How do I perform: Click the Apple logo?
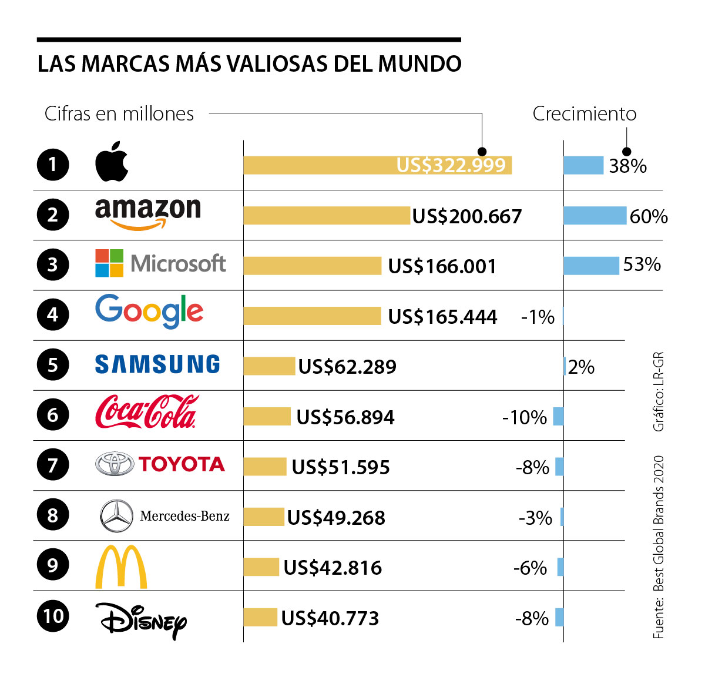(x=112, y=162)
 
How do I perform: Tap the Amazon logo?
(x=147, y=213)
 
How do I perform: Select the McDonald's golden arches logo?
(x=121, y=567)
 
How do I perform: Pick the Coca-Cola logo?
(x=146, y=412)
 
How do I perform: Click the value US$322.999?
(x=451, y=166)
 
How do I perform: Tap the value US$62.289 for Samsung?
(x=347, y=367)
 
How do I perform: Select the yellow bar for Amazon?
(x=327, y=216)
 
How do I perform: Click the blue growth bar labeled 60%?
(x=595, y=216)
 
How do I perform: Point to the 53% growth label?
(x=642, y=265)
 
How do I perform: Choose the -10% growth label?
(x=524, y=418)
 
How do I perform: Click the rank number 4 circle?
(x=53, y=314)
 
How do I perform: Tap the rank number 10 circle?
(x=53, y=616)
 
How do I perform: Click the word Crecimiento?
(x=584, y=114)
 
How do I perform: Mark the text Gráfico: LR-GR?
(x=659, y=391)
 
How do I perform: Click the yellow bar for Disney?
(x=260, y=618)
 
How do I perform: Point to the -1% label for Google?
(x=538, y=317)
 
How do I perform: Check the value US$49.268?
(x=336, y=518)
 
